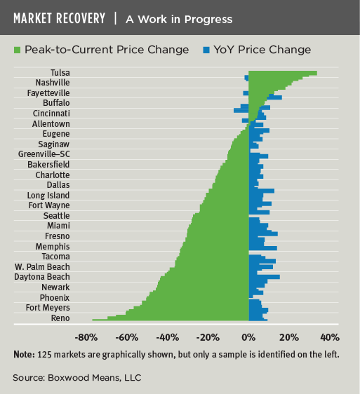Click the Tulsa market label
click(60, 72)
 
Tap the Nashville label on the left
click(54, 83)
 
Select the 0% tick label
click(248, 337)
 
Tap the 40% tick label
click(330, 337)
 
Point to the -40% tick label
click(167, 337)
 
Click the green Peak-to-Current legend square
click(17, 50)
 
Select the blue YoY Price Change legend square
click(205, 50)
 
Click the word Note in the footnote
click(25, 354)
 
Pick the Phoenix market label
click(54, 297)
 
